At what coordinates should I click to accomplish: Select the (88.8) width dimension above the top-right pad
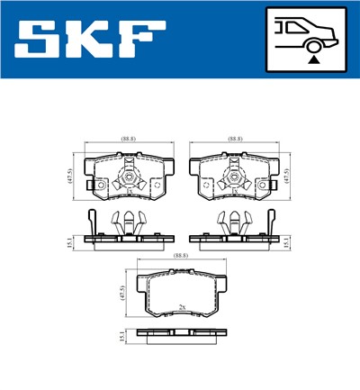235,139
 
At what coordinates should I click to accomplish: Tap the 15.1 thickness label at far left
69,239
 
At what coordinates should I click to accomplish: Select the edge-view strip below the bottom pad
183,332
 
